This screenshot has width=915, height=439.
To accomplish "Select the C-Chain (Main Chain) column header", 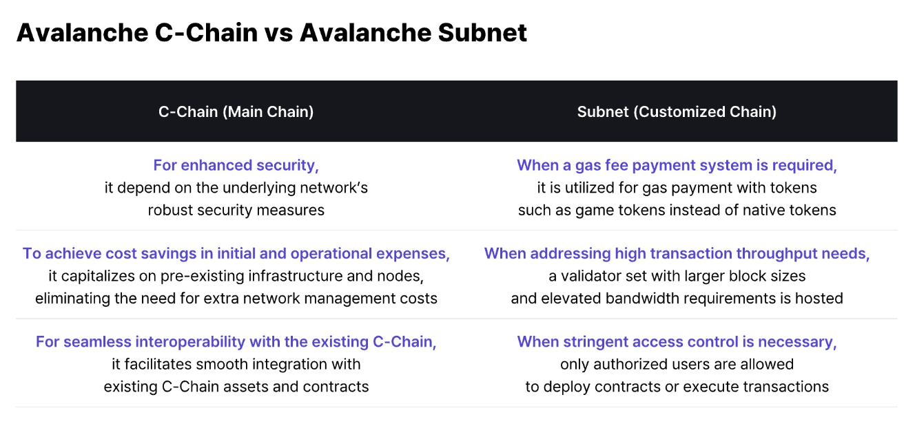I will [236, 111].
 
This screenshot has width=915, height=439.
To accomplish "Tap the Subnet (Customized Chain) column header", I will [677, 111].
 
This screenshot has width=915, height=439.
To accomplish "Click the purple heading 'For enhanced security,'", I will [236, 165].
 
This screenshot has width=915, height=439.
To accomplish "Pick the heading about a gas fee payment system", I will [677, 165].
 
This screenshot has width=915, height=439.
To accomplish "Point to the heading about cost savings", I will [236, 253].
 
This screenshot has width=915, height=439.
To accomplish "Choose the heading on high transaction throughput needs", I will [677, 253].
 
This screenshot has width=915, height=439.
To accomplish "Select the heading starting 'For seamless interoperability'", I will [236, 341].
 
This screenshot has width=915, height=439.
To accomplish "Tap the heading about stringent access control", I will [677, 341].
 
